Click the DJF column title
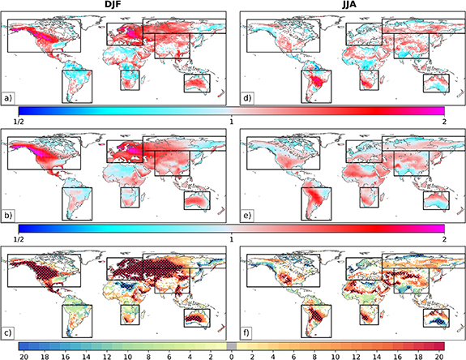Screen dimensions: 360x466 tap(117, 5)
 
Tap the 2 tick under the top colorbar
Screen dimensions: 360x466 tap(444, 122)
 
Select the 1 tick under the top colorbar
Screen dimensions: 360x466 tap(233, 122)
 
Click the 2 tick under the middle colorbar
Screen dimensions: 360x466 tap(444, 240)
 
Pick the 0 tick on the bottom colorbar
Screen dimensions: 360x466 tap(232, 355)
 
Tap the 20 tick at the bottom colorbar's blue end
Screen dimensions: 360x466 tap(23, 355)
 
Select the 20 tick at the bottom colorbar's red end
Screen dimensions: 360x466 tap(440, 355)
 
